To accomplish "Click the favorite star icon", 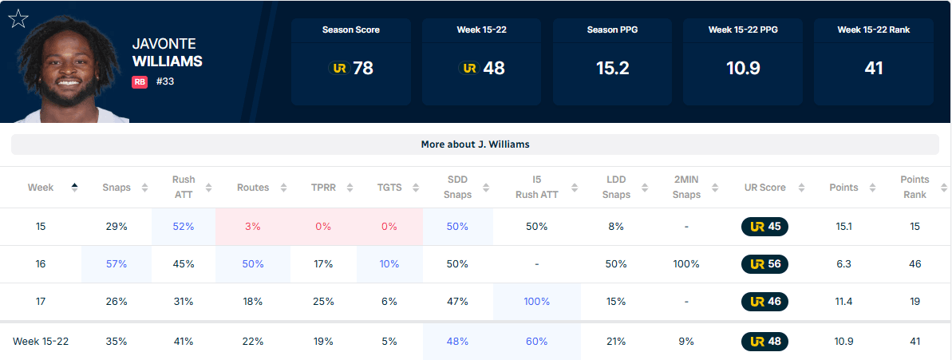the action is [18, 19].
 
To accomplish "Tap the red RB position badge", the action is [140, 82].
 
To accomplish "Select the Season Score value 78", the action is [363, 69].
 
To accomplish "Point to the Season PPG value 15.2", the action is [612, 69].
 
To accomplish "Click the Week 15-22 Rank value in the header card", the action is [873, 69].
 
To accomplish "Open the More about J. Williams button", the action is [476, 144].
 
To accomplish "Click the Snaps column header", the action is [117, 188].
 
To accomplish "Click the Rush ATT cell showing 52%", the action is [183, 227].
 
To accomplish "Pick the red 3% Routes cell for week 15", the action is [253, 227].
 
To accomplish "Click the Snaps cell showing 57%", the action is [116, 264].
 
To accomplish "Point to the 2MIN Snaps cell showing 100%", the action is [686, 264].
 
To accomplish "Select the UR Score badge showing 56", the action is [764, 264].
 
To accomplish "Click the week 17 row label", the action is [41, 302].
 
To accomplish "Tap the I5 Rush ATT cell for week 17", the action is [537, 302].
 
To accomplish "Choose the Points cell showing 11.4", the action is [843, 302].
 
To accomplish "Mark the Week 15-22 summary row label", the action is [41, 341].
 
